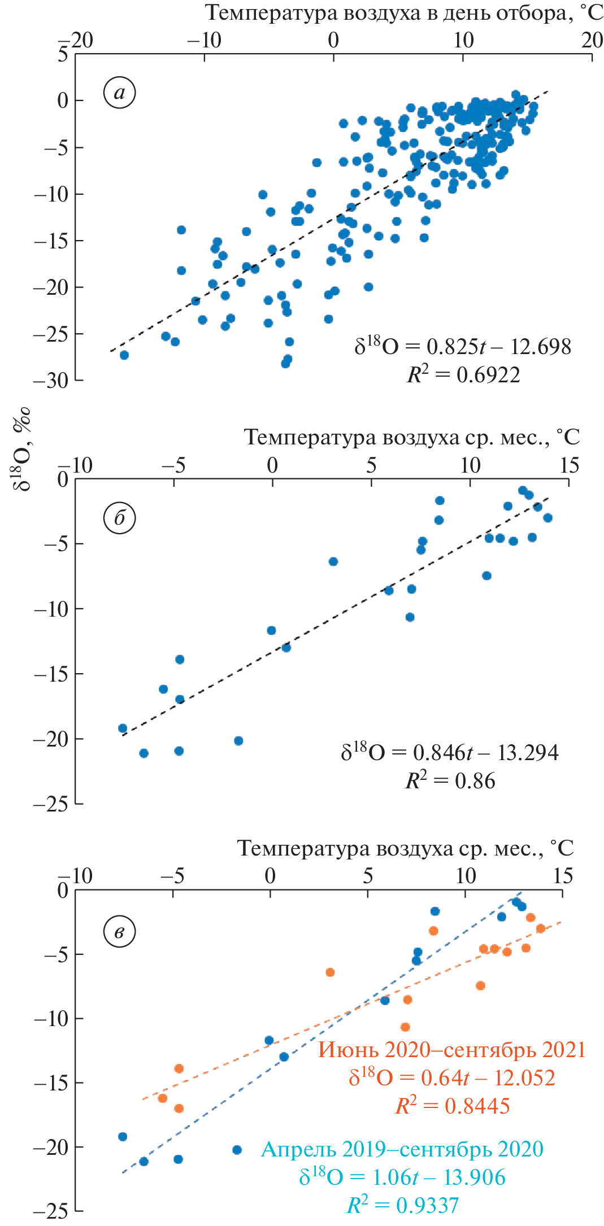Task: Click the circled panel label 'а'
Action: click(x=119, y=93)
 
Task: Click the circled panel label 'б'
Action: click(x=119, y=518)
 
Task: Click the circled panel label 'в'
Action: click(x=119, y=932)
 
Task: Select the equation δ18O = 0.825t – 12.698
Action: click(x=463, y=346)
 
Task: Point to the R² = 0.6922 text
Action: click(x=463, y=374)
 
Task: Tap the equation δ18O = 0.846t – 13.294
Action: click(x=449, y=752)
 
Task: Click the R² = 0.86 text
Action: click(x=450, y=780)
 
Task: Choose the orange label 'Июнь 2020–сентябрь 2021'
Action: click(x=451, y=1049)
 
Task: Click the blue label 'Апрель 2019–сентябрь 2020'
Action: click(x=402, y=1149)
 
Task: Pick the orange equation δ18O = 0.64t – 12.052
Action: click(x=451, y=1077)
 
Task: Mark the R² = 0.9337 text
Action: click(x=402, y=1205)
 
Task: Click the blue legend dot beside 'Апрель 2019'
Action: click(x=237, y=1150)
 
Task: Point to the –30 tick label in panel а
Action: click(x=51, y=381)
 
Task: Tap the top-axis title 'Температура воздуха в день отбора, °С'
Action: click(x=403, y=12)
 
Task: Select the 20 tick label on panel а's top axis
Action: click(x=592, y=40)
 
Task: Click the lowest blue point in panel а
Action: click(x=285, y=364)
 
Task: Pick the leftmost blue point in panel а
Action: click(x=124, y=355)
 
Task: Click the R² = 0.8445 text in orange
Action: click(x=452, y=1106)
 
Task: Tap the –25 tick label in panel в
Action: click(x=50, y=1211)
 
